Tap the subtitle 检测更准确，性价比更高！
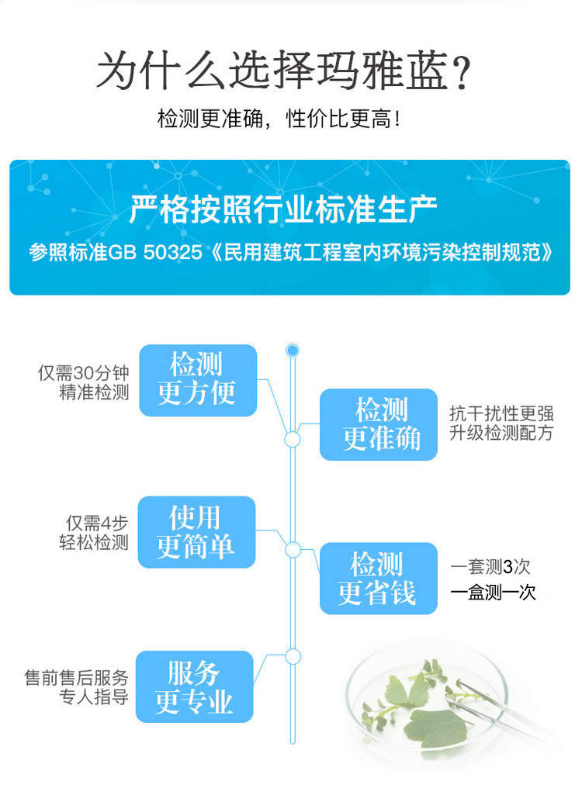279,120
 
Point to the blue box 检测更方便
197,379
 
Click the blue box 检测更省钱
378,578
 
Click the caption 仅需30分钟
84,372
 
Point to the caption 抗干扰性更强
501,413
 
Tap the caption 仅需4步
97,523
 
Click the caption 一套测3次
490,567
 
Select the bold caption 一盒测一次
494,593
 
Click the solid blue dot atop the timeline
293,351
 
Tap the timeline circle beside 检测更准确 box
293,440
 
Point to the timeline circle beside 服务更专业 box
293,656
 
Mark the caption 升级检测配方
501,434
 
